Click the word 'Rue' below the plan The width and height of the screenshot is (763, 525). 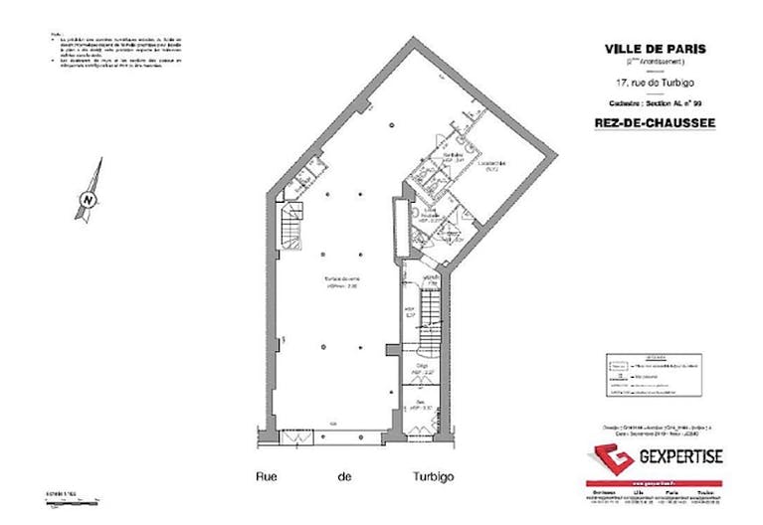pos(269,476)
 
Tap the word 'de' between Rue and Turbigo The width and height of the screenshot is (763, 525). pos(345,476)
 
